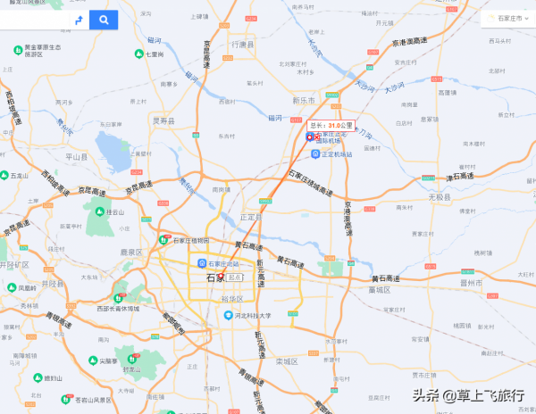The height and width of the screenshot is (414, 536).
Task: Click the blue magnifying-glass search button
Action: point(104,19)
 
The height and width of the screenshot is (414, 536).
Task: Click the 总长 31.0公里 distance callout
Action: point(331,126)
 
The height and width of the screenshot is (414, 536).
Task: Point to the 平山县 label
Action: point(77,156)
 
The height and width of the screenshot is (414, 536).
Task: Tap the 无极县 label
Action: point(440,196)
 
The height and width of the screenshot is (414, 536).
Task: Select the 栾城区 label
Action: point(286,361)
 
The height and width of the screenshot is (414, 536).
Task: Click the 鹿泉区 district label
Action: point(131,253)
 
